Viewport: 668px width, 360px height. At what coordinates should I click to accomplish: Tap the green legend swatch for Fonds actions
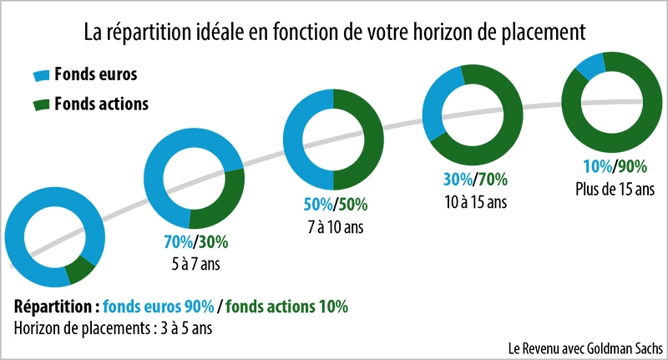pos(41,104)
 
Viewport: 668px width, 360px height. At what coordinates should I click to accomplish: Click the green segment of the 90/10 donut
pos(80,270)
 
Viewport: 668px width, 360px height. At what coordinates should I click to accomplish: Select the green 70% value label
pos(493,179)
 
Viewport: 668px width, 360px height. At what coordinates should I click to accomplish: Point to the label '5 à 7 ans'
pos(195,265)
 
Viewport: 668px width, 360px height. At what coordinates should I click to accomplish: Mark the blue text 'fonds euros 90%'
pos(159,306)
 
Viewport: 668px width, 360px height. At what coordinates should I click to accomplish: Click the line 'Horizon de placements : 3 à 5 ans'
pos(114,327)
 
